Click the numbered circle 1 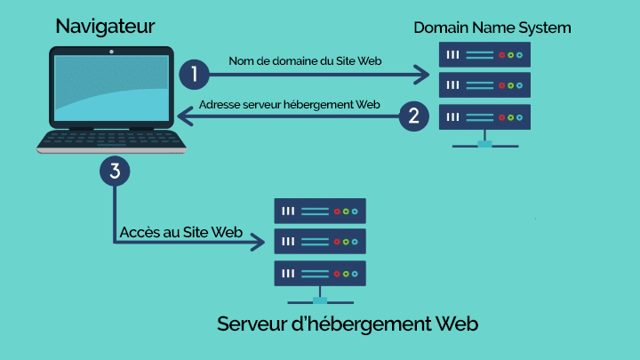tap(194, 74)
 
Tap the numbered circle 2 tap(412, 116)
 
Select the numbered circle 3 tap(115, 170)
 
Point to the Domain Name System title tap(492, 28)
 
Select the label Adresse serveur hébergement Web tap(290, 104)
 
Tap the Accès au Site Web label tap(181, 231)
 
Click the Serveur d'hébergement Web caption tap(348, 324)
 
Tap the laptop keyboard tap(111, 140)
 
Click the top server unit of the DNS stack tap(484, 55)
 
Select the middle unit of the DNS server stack tap(484, 85)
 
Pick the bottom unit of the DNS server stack tap(484, 116)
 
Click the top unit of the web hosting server tap(319, 211)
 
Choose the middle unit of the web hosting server tap(319, 241)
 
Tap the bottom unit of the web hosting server tap(319, 272)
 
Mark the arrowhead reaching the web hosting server tap(258, 242)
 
